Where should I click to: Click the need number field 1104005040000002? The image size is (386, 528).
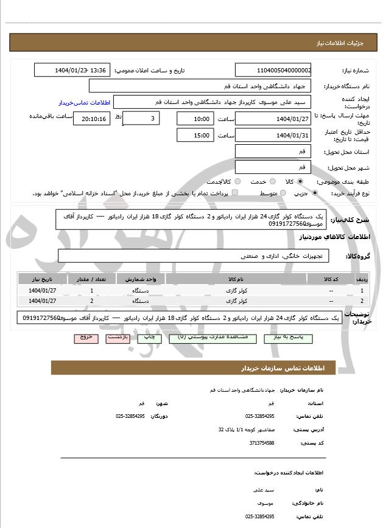tap(273, 71)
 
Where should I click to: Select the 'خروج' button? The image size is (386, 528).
tap(85, 336)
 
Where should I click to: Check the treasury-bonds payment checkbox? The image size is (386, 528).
tap(235, 193)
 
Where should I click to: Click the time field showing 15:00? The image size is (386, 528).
tap(194, 135)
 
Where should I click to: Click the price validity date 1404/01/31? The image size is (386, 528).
tap(273, 135)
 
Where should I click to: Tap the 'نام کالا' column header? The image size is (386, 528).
tap(236, 279)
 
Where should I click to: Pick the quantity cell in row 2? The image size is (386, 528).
tap(92, 300)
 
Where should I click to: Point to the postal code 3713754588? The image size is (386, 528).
tap(261, 443)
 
